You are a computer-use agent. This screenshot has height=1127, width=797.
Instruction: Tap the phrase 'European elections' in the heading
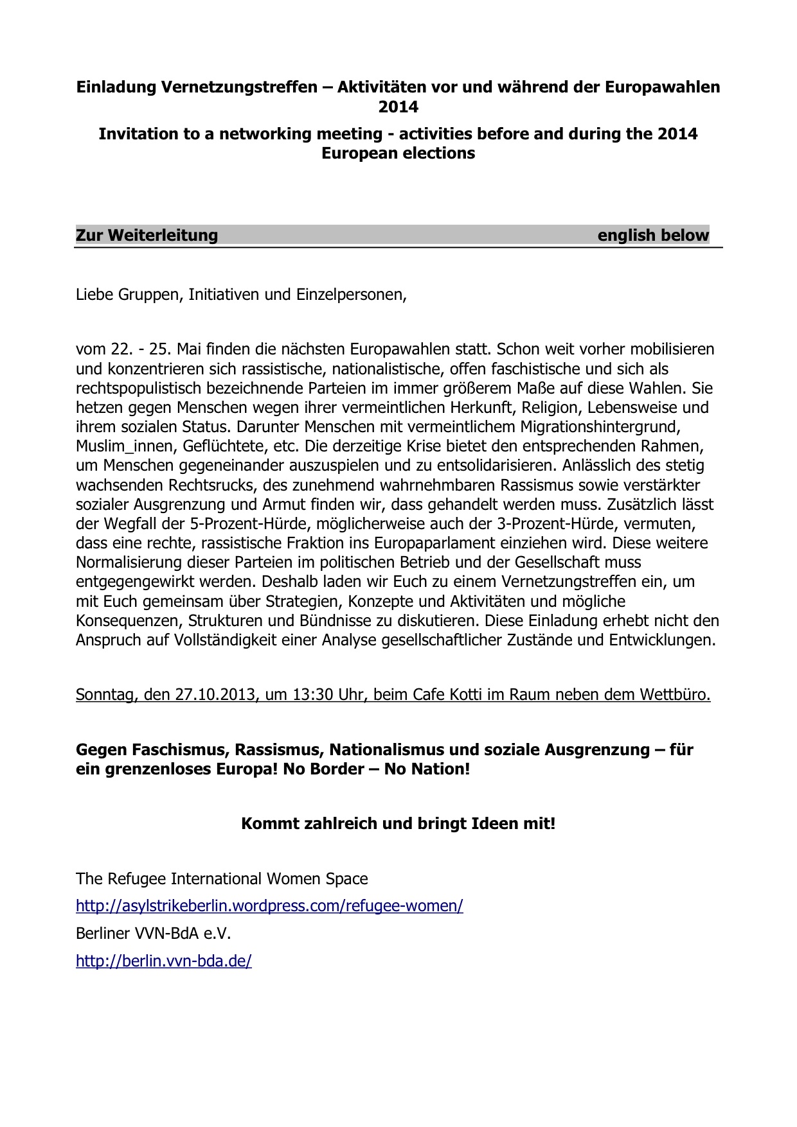pyautogui.click(x=398, y=153)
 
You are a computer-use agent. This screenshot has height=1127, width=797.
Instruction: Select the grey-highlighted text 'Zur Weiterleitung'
pyautogui.click(x=147, y=235)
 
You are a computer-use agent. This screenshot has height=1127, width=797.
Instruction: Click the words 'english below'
pyautogui.click(x=652, y=235)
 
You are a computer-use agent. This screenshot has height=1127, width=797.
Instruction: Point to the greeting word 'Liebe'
pyautogui.click(x=95, y=295)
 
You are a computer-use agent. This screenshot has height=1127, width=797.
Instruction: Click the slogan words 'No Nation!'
pyautogui.click(x=427, y=769)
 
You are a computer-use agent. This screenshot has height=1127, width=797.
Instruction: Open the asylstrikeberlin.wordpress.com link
pyautogui.click(x=269, y=906)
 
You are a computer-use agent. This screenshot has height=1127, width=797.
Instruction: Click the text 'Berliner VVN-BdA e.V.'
pyautogui.click(x=153, y=933)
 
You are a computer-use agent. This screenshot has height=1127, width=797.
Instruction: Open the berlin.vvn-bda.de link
pyautogui.click(x=163, y=961)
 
